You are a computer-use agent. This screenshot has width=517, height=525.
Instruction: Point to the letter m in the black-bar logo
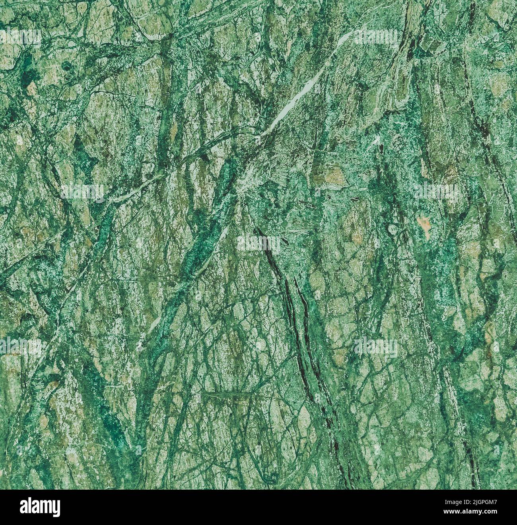[43, 507]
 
